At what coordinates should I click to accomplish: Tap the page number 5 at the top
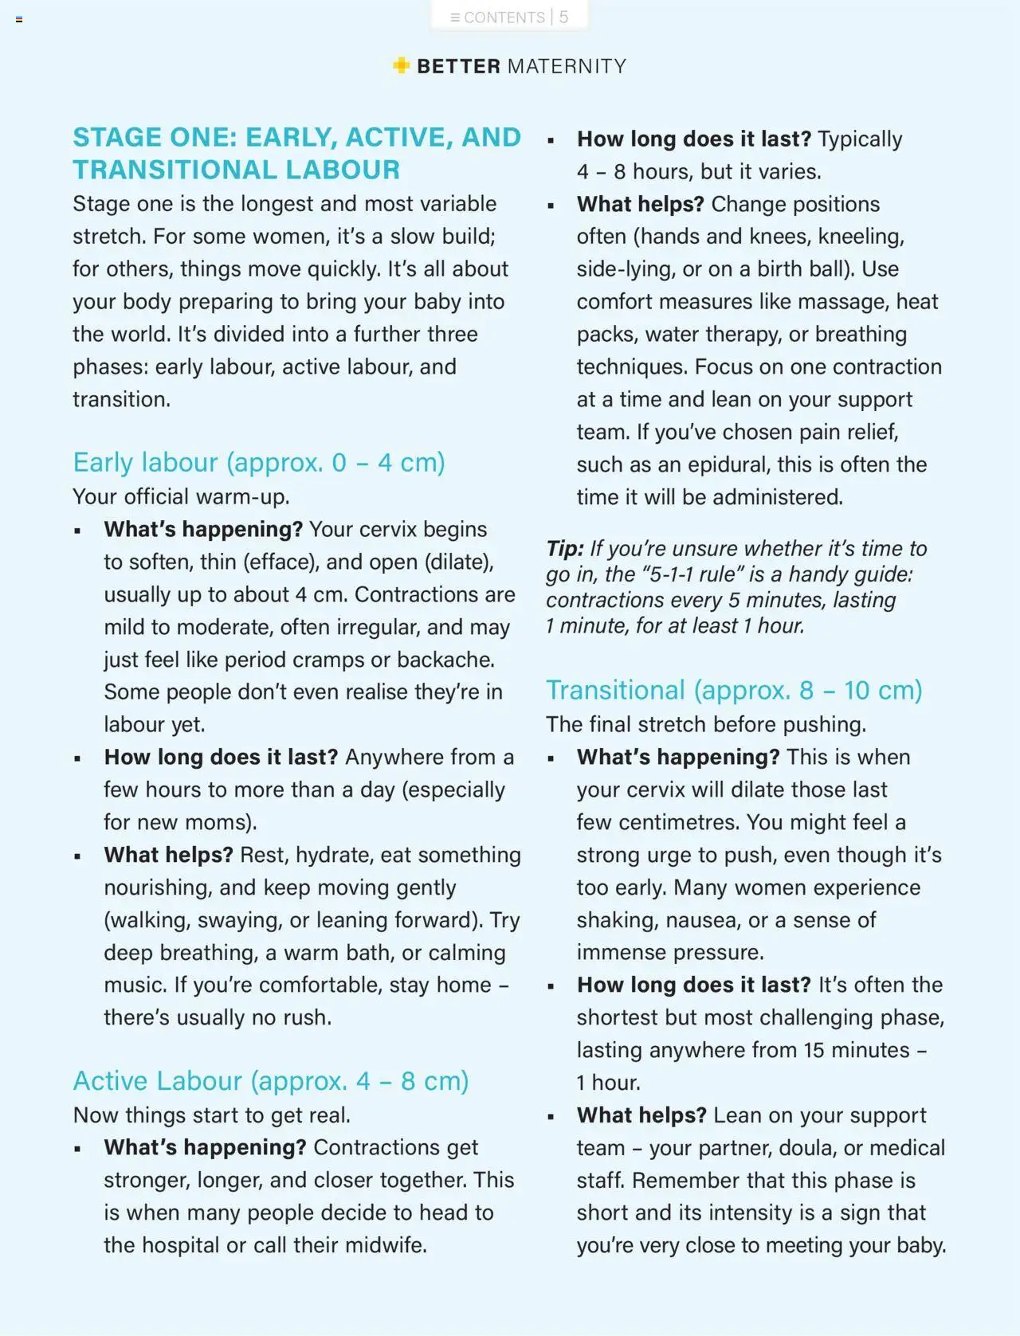563,18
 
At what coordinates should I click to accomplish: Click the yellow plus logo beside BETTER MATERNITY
402,65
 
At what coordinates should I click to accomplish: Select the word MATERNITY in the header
567,66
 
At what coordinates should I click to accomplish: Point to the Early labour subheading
258,462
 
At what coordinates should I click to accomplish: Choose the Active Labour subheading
270,1081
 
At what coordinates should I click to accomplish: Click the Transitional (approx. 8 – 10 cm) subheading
733,690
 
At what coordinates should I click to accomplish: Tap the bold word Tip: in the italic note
565,549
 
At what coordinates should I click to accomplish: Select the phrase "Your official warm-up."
181,496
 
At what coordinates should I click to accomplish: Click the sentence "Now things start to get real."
211,1115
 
